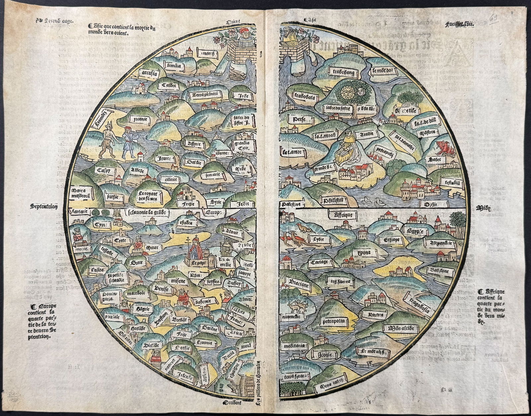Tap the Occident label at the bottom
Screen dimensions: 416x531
(x=232, y=402)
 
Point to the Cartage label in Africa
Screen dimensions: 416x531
(x=319, y=262)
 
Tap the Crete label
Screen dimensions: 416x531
(x=118, y=240)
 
